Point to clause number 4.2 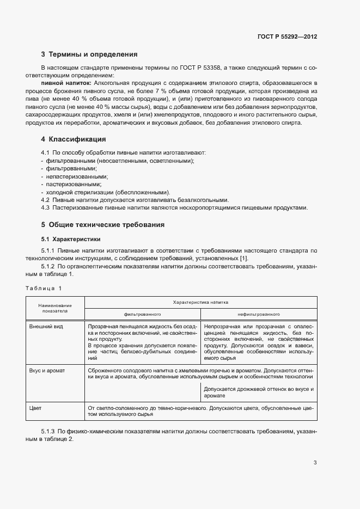(45, 200)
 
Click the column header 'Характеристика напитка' (200, 302)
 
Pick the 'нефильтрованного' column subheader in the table (259, 314)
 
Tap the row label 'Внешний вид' (45, 326)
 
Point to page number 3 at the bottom (315, 463)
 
